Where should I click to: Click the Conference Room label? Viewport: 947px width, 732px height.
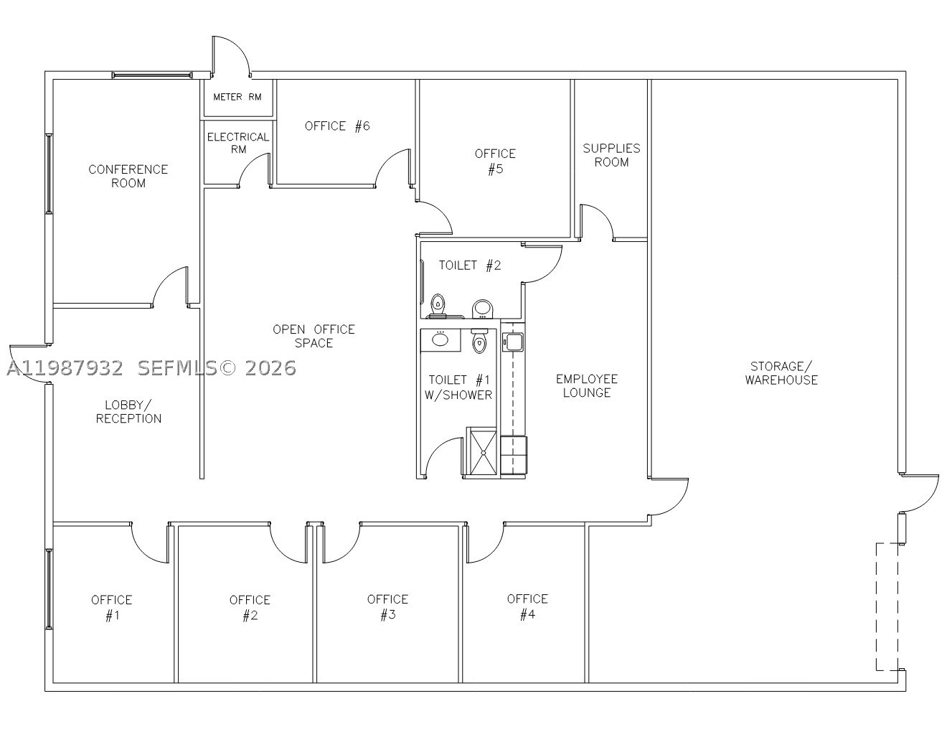point(128,176)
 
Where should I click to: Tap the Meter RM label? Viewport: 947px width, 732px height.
point(237,97)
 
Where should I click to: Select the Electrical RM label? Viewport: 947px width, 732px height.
point(238,143)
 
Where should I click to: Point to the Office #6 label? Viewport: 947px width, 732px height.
point(337,126)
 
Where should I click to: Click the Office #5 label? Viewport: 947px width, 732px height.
point(495,161)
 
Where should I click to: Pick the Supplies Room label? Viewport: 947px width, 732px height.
point(611,155)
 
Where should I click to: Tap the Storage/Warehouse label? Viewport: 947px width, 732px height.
point(781,372)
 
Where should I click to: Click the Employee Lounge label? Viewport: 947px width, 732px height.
point(587,386)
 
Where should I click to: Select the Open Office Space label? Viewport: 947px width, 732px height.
point(314,336)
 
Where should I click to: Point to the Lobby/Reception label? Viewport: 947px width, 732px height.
point(128,412)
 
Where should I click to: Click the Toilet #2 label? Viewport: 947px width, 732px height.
point(470,265)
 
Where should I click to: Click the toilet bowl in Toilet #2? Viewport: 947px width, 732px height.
point(438,304)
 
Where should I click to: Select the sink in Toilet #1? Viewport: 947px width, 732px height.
point(440,339)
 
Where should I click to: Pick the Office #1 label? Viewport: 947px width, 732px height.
point(112,607)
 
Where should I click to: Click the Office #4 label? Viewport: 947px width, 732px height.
point(527,606)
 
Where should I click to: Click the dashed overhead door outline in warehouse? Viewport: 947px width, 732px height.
point(887,606)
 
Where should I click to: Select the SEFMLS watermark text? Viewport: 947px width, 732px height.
point(177,368)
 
